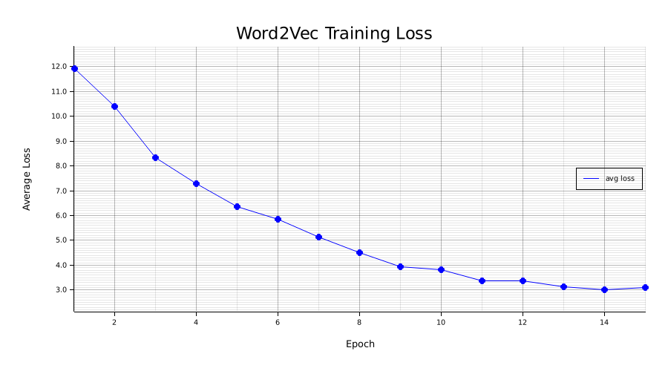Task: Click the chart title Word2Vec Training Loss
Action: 334,33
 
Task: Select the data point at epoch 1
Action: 74,68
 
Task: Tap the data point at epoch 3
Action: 155,157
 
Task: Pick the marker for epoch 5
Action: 237,206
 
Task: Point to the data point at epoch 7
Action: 318,237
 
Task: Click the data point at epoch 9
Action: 400,266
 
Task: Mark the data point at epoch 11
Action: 482,280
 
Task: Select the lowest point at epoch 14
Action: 604,289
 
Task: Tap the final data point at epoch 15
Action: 645,287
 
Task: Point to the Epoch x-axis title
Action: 360,344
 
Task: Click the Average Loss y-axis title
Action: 27,179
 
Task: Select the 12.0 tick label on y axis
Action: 59,67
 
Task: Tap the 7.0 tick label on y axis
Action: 59,191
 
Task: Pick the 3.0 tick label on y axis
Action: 59,290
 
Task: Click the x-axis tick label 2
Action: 114,322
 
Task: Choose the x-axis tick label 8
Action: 359,322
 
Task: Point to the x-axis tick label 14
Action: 604,322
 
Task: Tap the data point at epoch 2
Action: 114,106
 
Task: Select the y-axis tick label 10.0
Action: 59,116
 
